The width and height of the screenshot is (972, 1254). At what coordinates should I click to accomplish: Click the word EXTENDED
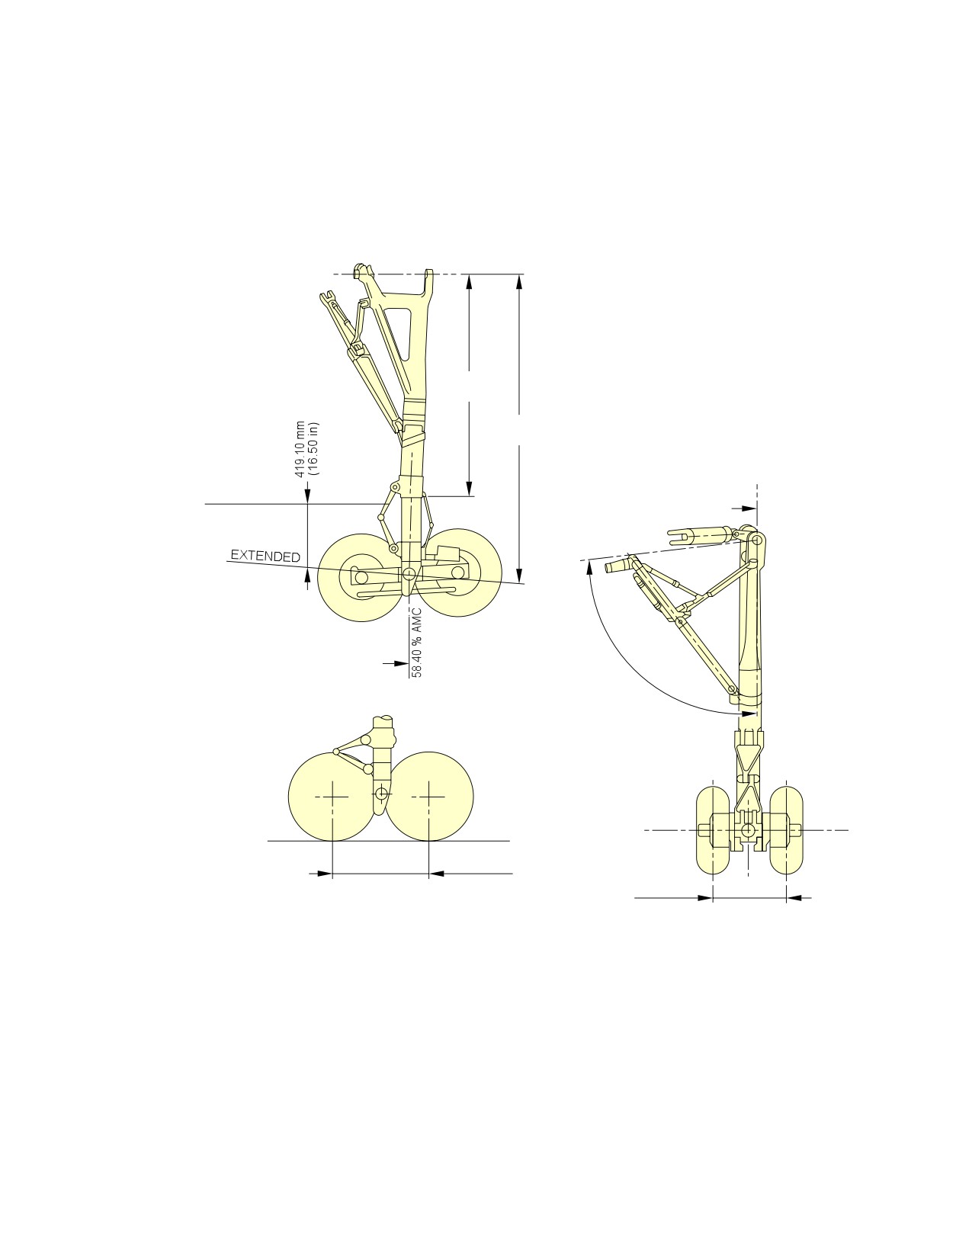pos(265,556)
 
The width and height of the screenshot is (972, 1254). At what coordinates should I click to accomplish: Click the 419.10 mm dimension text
pos(300,450)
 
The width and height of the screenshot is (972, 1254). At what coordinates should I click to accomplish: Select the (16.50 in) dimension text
pos(313,450)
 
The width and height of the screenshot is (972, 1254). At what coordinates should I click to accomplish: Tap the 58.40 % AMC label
pos(416,642)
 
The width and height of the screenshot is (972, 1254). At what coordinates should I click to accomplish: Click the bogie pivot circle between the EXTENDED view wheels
pos(409,573)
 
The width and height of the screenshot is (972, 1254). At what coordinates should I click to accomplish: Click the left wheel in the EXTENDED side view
pos(360,577)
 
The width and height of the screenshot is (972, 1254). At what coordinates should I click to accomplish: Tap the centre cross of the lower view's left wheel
pos(332,797)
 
